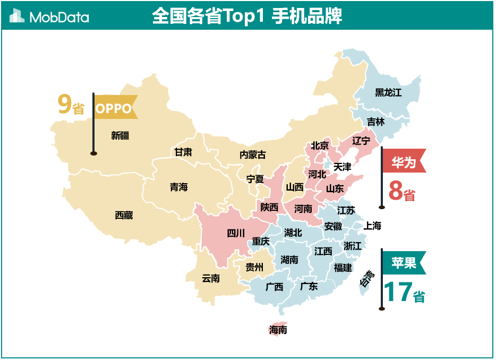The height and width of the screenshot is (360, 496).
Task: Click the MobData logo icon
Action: pyautogui.click(x=17, y=16)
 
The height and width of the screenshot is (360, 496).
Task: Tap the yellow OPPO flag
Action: pyautogui.click(x=114, y=108)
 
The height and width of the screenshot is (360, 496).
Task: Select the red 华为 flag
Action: pyautogui.click(x=404, y=162)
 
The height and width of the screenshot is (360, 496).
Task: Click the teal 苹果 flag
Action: pyautogui.click(x=404, y=262)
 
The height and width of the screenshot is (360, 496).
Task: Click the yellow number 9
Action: pyautogui.click(x=64, y=105)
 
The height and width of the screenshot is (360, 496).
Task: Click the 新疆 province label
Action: pyautogui.click(x=120, y=135)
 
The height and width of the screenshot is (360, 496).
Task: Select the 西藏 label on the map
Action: pyautogui.click(x=124, y=215)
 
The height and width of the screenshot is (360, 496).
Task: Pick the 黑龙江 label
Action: pyautogui.click(x=388, y=92)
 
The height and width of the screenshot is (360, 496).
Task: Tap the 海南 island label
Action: pyautogui.click(x=278, y=330)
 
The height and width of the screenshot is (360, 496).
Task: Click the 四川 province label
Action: pyautogui.click(x=236, y=233)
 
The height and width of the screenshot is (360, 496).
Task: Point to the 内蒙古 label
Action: pyautogui.click(x=253, y=155)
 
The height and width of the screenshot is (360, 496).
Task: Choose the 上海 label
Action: pyautogui.click(x=372, y=226)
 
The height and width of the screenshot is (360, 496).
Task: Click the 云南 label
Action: pyautogui.click(x=211, y=278)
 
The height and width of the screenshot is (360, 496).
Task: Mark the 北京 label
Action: pyautogui.click(x=320, y=145)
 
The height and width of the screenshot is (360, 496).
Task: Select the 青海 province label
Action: pyautogui.click(x=179, y=187)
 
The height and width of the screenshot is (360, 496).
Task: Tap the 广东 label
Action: pyautogui.click(x=309, y=286)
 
